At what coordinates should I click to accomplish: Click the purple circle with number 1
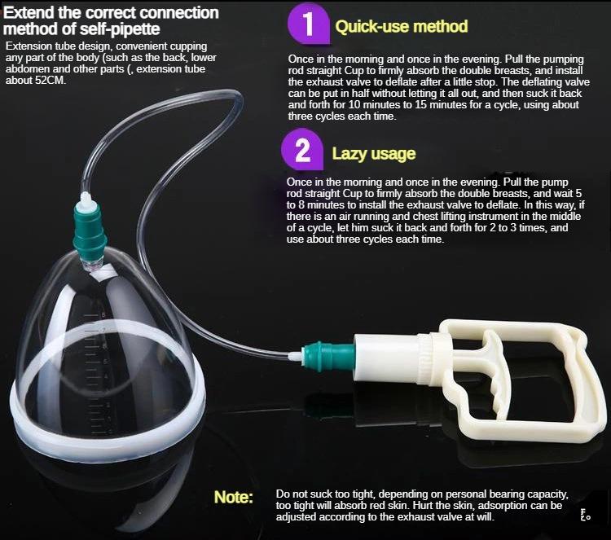pos(309,24)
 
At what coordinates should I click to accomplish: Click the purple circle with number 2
pos(302,151)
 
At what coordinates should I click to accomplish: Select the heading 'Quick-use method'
pos(402,27)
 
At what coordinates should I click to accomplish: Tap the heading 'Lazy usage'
pos(374,153)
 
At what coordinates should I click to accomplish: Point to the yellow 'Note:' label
pos(234,497)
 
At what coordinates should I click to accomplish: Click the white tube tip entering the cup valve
pos(86,200)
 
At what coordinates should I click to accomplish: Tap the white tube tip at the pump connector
pos(297,356)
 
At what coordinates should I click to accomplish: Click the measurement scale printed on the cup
pos(97,373)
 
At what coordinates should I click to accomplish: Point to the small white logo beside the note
pos(585,515)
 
